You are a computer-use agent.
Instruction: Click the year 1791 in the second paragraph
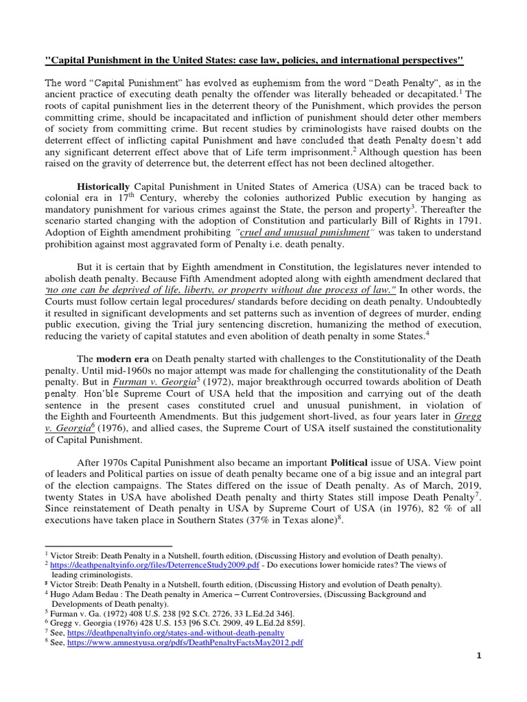(467, 221)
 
